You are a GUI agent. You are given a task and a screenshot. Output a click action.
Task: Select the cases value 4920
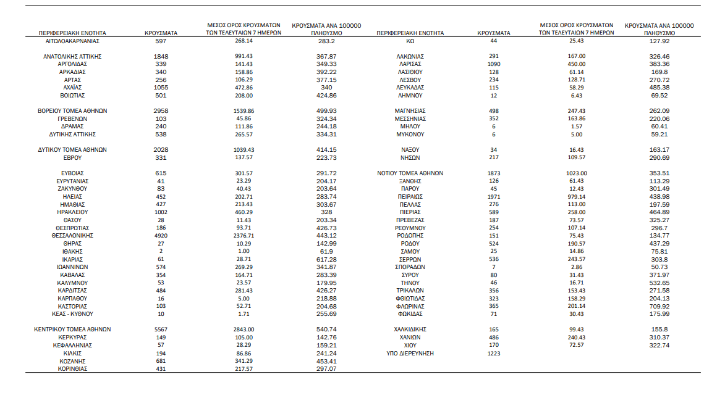coord(161,236)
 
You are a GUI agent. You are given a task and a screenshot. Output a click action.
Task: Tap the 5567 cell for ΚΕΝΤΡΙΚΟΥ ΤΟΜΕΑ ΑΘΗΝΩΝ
coord(161,330)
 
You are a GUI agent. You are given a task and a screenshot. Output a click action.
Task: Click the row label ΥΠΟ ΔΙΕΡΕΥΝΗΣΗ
coord(410,353)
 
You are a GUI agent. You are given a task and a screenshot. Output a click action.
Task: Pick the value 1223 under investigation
coord(493,353)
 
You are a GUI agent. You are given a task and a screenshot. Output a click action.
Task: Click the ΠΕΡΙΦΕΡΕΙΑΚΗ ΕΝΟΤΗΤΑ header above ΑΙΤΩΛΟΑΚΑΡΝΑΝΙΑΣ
coord(72,33)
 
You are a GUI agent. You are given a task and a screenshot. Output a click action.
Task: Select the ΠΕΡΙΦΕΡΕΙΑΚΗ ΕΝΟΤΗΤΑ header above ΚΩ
coord(410,33)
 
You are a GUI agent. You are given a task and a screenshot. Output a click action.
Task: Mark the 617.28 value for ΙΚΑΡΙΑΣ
coord(326,259)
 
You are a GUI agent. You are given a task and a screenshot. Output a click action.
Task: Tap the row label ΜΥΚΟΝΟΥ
coord(410,134)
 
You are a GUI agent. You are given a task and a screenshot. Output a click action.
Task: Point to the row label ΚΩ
coord(410,41)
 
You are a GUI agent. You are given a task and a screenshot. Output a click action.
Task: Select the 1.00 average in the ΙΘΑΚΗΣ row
coord(244,251)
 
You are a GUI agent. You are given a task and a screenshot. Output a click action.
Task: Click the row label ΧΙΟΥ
coord(410,345)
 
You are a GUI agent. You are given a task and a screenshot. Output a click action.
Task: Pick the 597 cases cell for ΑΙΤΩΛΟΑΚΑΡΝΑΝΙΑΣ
coord(161,41)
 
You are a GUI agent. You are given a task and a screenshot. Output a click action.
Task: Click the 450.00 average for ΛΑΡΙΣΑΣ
coord(577,64)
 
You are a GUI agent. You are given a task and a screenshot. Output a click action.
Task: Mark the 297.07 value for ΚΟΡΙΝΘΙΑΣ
coord(326,368)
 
